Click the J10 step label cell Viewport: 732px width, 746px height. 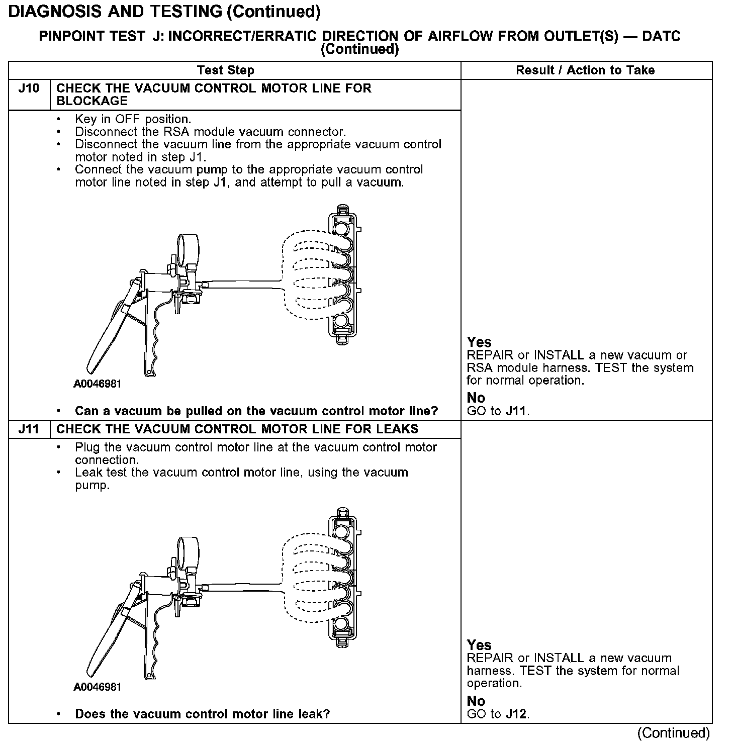coord(29,89)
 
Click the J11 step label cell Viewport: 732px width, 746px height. coord(29,429)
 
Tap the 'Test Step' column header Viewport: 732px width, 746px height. coord(226,70)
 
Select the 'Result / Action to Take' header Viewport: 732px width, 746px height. coord(585,70)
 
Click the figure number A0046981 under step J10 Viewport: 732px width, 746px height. coord(98,385)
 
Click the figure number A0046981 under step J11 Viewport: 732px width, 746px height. coord(98,687)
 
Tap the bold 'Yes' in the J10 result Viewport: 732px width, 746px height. coord(479,342)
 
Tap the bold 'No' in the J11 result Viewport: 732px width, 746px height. coord(476,701)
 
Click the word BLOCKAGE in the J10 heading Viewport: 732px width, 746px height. coord(92,101)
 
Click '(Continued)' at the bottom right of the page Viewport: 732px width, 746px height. coord(674,733)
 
